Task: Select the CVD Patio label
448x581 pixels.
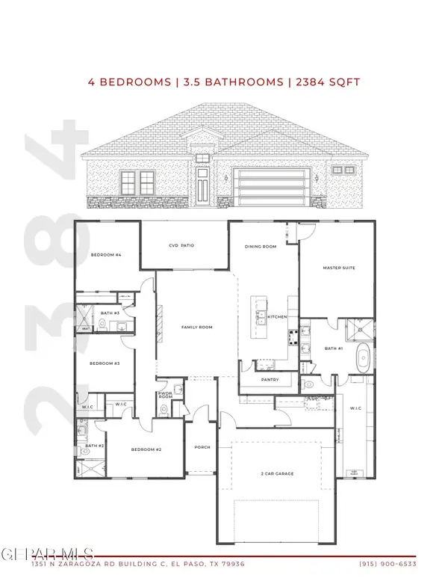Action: (x=181, y=246)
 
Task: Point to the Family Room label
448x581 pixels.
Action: (x=198, y=328)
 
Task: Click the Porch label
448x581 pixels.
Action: (x=202, y=447)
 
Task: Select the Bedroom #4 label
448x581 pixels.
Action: (x=106, y=255)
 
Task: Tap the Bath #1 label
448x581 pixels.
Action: (x=333, y=348)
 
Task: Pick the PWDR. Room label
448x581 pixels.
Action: (x=166, y=396)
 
